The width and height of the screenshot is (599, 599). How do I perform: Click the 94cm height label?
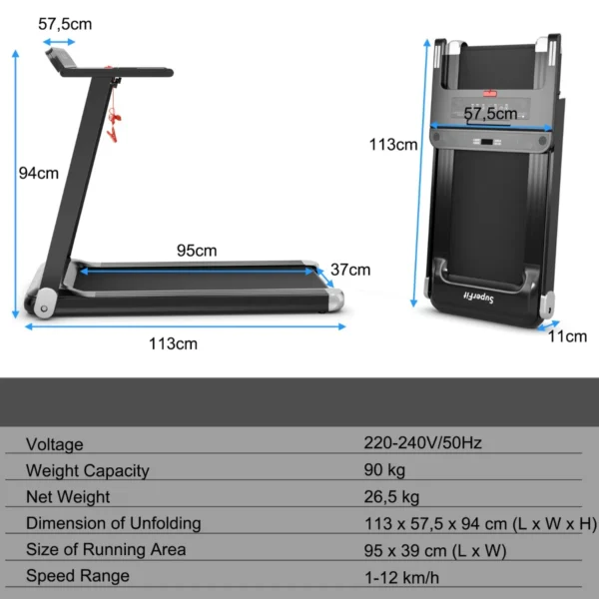tap(39, 173)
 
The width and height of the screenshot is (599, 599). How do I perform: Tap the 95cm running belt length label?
tap(197, 251)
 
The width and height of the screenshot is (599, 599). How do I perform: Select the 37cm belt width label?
tap(350, 270)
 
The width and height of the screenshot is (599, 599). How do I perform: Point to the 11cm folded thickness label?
tap(568, 336)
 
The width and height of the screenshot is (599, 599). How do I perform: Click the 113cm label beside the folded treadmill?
tap(392, 145)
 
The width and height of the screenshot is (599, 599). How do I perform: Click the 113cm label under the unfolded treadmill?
tap(173, 344)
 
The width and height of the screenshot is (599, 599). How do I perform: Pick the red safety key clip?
tap(114, 128)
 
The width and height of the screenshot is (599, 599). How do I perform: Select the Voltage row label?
tap(55, 444)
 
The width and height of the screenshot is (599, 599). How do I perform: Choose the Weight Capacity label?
tap(88, 470)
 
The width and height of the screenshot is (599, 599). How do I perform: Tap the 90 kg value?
tap(385, 470)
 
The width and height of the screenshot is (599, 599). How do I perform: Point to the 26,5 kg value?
tap(391, 496)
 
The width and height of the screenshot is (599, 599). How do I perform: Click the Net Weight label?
tap(68, 496)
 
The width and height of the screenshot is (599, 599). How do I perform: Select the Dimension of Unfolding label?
tap(114, 523)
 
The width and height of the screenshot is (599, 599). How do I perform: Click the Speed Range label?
tap(78, 575)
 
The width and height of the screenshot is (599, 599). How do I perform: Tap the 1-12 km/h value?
tap(402, 575)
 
